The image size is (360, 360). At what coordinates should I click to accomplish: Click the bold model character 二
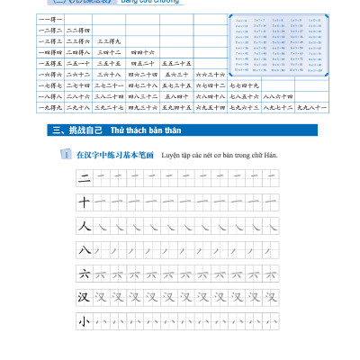pos(85,178)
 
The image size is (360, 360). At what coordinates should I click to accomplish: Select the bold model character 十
pos(85,202)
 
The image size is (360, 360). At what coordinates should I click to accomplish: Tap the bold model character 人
pos(85,226)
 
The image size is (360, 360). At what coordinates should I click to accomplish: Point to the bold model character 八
pos(85,249)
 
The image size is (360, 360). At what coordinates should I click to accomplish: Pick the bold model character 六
pos(85,273)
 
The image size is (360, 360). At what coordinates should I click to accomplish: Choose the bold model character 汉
pos(85,296)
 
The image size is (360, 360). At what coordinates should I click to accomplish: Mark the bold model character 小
pos(85,319)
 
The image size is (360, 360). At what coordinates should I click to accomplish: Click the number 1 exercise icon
pos(66,155)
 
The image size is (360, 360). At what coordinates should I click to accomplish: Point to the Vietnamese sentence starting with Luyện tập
pos(220,155)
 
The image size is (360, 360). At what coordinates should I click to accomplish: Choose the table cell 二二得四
pos(79,31)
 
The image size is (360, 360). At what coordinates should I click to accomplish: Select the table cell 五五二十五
pos(177,63)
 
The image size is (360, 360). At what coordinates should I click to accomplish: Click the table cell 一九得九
pos(49,107)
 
